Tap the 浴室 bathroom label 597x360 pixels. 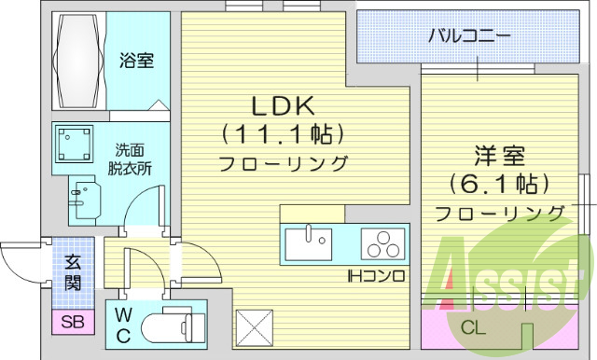pos(136,61)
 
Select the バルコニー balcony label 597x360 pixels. pos(469,37)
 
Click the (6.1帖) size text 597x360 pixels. pos(499,183)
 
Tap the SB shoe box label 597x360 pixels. pos(71,323)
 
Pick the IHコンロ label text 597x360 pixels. pos(375,276)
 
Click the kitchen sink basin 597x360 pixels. pos(308,245)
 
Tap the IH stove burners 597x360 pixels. pos(382,245)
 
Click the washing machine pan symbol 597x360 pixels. pos(76,144)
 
